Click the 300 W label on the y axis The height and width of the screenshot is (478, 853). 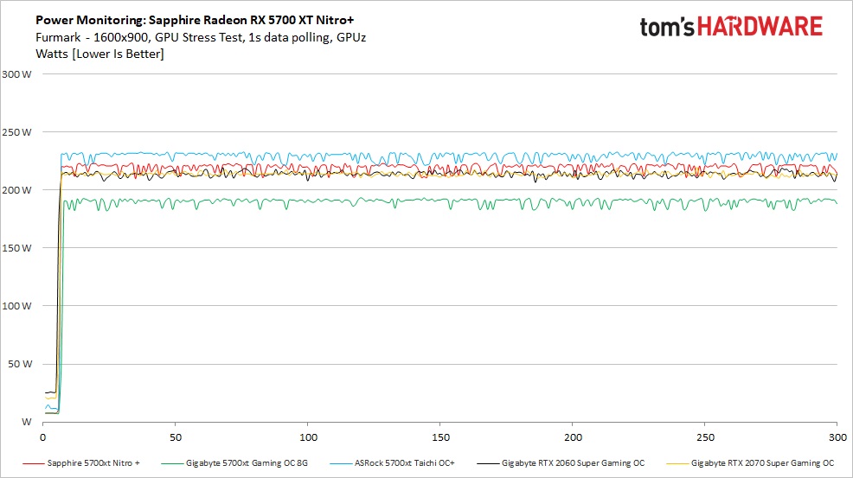(17, 74)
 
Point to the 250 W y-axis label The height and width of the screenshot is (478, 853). (17, 132)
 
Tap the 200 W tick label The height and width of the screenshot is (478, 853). (17, 190)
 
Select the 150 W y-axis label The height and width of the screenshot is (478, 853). (17, 248)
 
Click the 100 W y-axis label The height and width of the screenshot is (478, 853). (17, 306)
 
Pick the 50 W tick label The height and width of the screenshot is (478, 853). (20, 364)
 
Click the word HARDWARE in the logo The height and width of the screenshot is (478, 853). (761, 27)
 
